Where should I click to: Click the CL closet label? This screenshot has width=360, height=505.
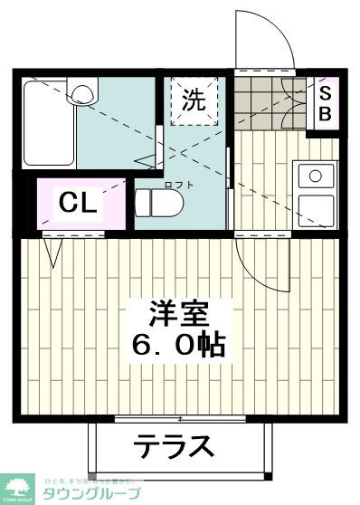click(78, 204)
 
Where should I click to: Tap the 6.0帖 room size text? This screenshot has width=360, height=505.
click(179, 346)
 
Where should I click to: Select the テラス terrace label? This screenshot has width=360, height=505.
click(175, 446)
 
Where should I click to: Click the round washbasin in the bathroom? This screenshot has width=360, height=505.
click(84, 91)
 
